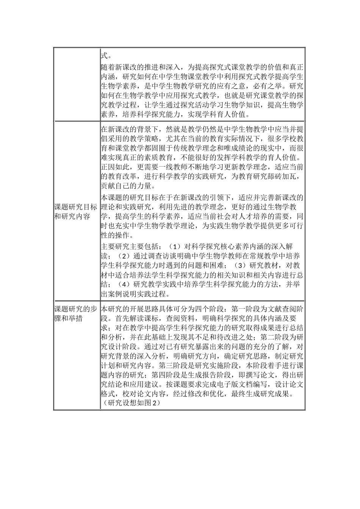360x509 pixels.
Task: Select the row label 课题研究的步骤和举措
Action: (76, 314)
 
